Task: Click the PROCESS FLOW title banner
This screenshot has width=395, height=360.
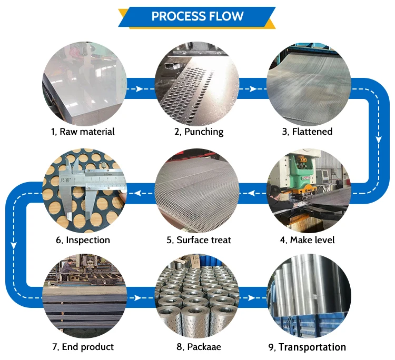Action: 197,16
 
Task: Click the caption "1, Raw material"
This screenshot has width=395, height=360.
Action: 83,131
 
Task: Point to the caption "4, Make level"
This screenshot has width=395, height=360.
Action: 307,240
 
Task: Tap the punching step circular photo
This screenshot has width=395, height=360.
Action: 197,84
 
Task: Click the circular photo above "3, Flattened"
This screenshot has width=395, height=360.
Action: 309,84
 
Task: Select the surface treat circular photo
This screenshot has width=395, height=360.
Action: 197,192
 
